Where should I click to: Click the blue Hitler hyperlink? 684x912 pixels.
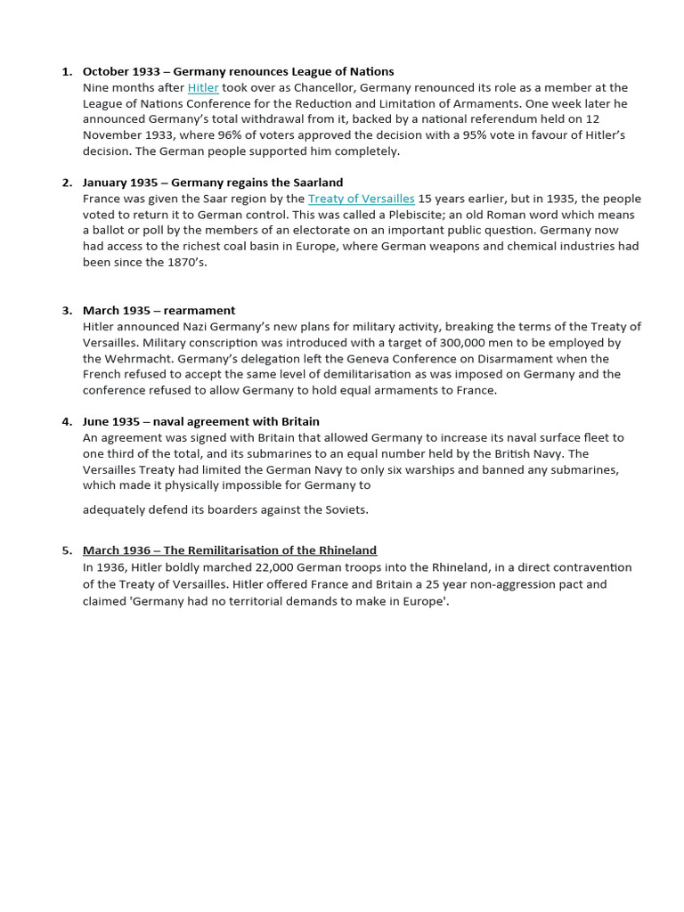point(203,87)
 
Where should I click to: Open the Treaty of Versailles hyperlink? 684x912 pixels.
point(361,199)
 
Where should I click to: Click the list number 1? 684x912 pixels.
point(67,71)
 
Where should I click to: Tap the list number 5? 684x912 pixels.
point(67,550)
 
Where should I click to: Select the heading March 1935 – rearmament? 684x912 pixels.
point(159,311)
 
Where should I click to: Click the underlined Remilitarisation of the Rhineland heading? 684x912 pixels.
point(230,550)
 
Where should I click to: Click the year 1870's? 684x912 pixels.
point(186,263)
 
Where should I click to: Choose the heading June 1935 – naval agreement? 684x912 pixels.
point(200,422)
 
